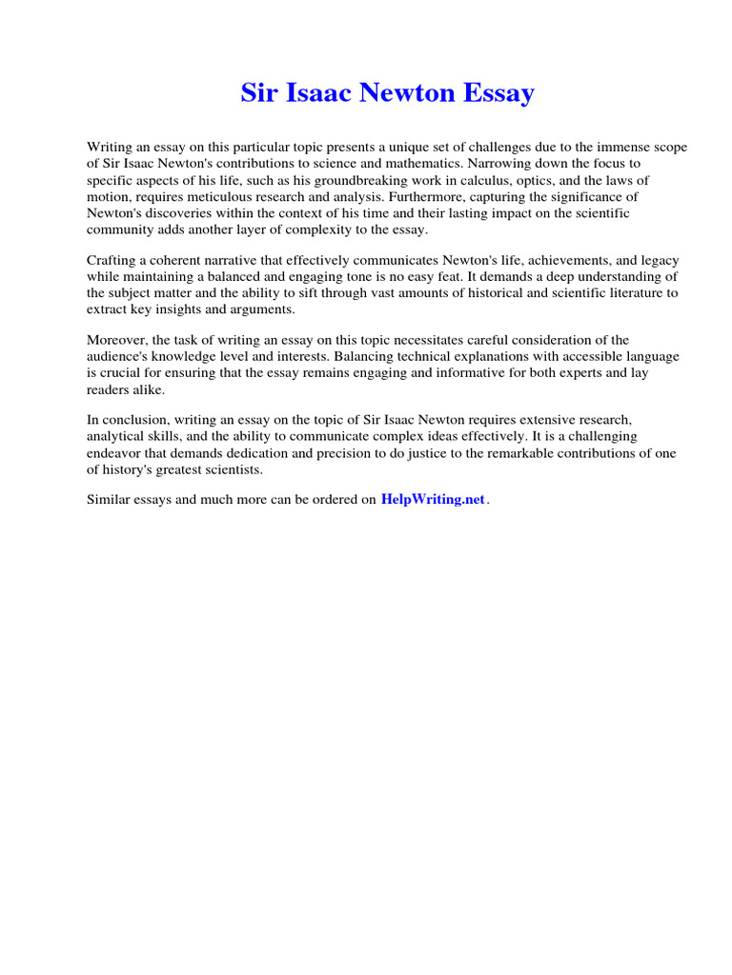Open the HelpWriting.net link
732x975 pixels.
tap(433, 500)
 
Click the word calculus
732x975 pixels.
tap(506, 180)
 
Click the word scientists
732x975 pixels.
tap(233, 468)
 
